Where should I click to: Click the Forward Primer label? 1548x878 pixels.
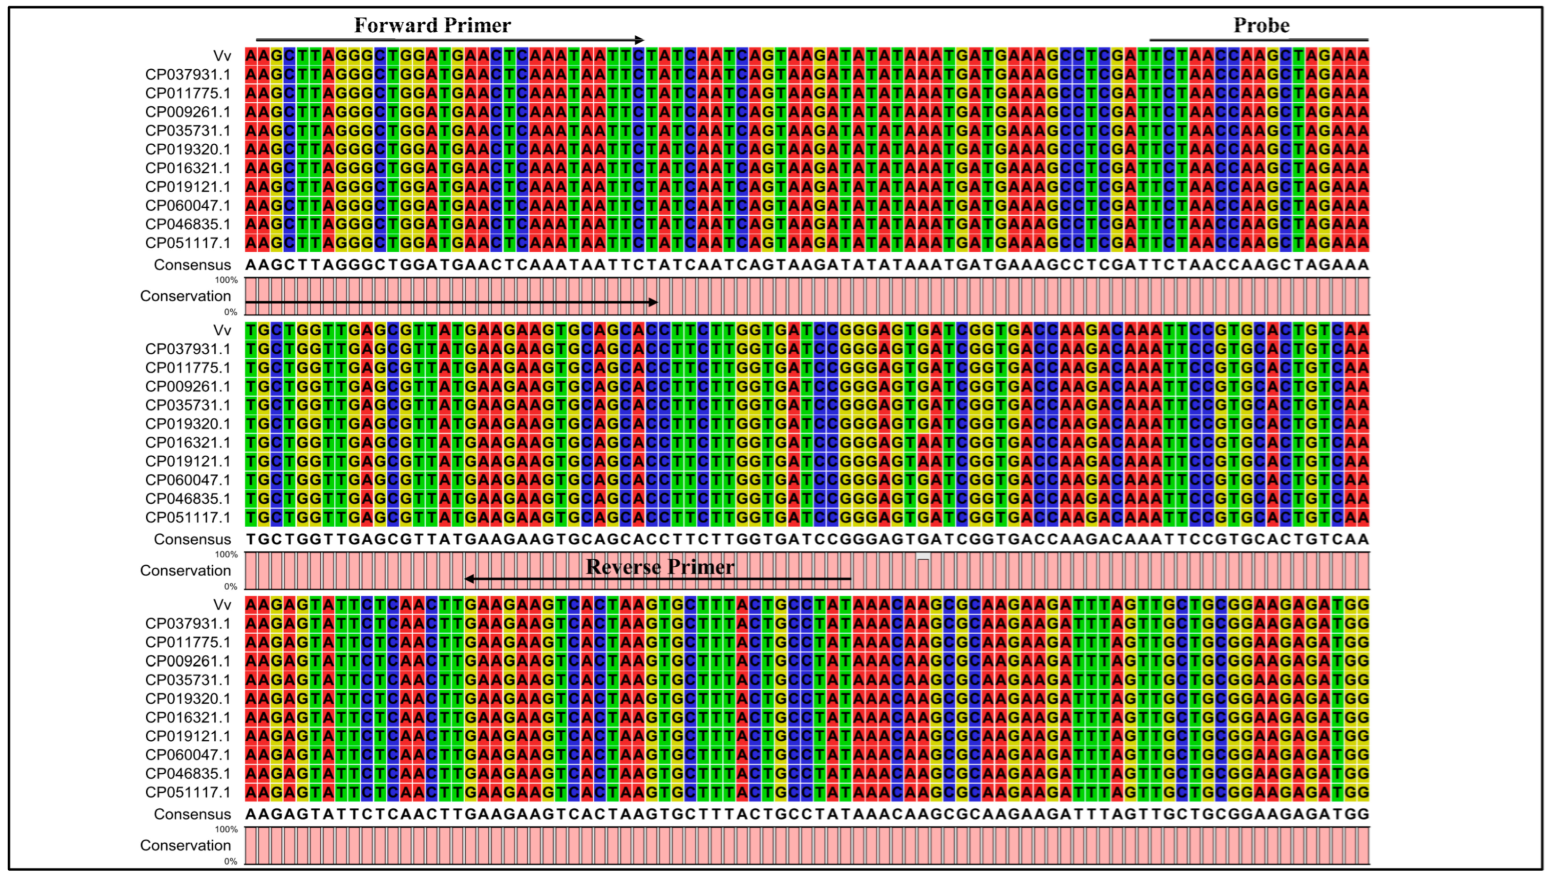(432, 25)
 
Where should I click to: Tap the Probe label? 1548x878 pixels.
(1261, 25)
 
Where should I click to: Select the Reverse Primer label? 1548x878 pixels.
(660, 567)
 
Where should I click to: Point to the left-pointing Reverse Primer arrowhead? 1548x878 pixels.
(469, 579)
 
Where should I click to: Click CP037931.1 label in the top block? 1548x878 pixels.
(188, 75)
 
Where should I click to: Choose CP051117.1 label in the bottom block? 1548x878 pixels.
(188, 792)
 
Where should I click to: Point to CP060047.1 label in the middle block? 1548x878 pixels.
(188, 480)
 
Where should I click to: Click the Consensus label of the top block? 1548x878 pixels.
(192, 265)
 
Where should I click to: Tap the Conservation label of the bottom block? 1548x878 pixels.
(185, 845)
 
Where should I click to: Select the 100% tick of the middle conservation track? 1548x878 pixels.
(227, 554)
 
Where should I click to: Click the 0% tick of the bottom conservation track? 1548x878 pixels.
(231, 861)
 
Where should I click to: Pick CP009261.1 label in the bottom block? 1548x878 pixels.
(188, 661)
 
